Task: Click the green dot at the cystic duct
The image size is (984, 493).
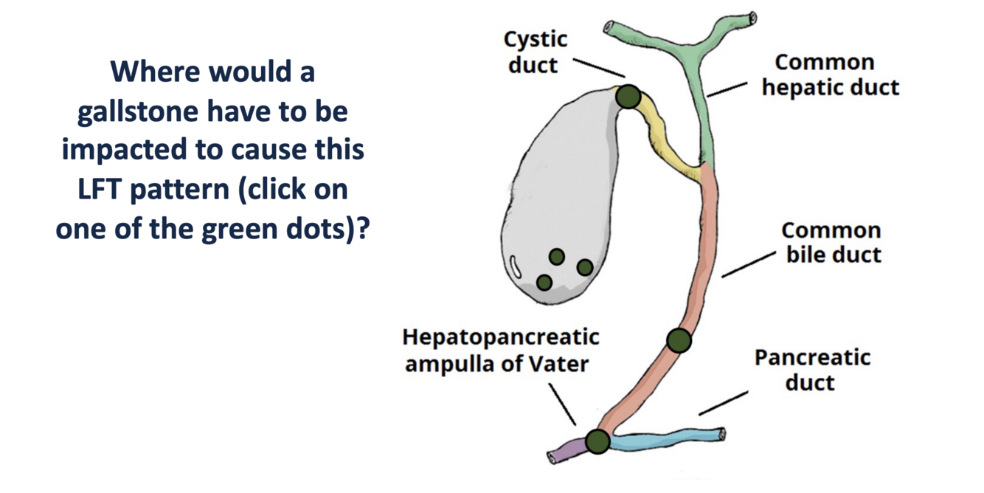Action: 628,97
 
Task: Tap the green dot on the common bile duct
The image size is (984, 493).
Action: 679,340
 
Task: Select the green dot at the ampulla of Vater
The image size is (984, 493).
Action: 598,441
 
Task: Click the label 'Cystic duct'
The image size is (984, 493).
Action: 535,52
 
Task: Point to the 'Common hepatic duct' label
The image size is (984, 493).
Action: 831,75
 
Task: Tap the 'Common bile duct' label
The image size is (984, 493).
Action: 832,243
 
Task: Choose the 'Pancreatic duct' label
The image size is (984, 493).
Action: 812,370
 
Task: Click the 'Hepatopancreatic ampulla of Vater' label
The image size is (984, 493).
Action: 501,351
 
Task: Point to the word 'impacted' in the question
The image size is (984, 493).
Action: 125,151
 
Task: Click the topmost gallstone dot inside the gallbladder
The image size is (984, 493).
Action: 557,257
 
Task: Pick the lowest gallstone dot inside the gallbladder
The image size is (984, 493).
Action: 544,283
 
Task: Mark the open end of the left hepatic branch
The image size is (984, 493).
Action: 609,27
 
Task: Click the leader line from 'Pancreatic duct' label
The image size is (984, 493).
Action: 723,404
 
